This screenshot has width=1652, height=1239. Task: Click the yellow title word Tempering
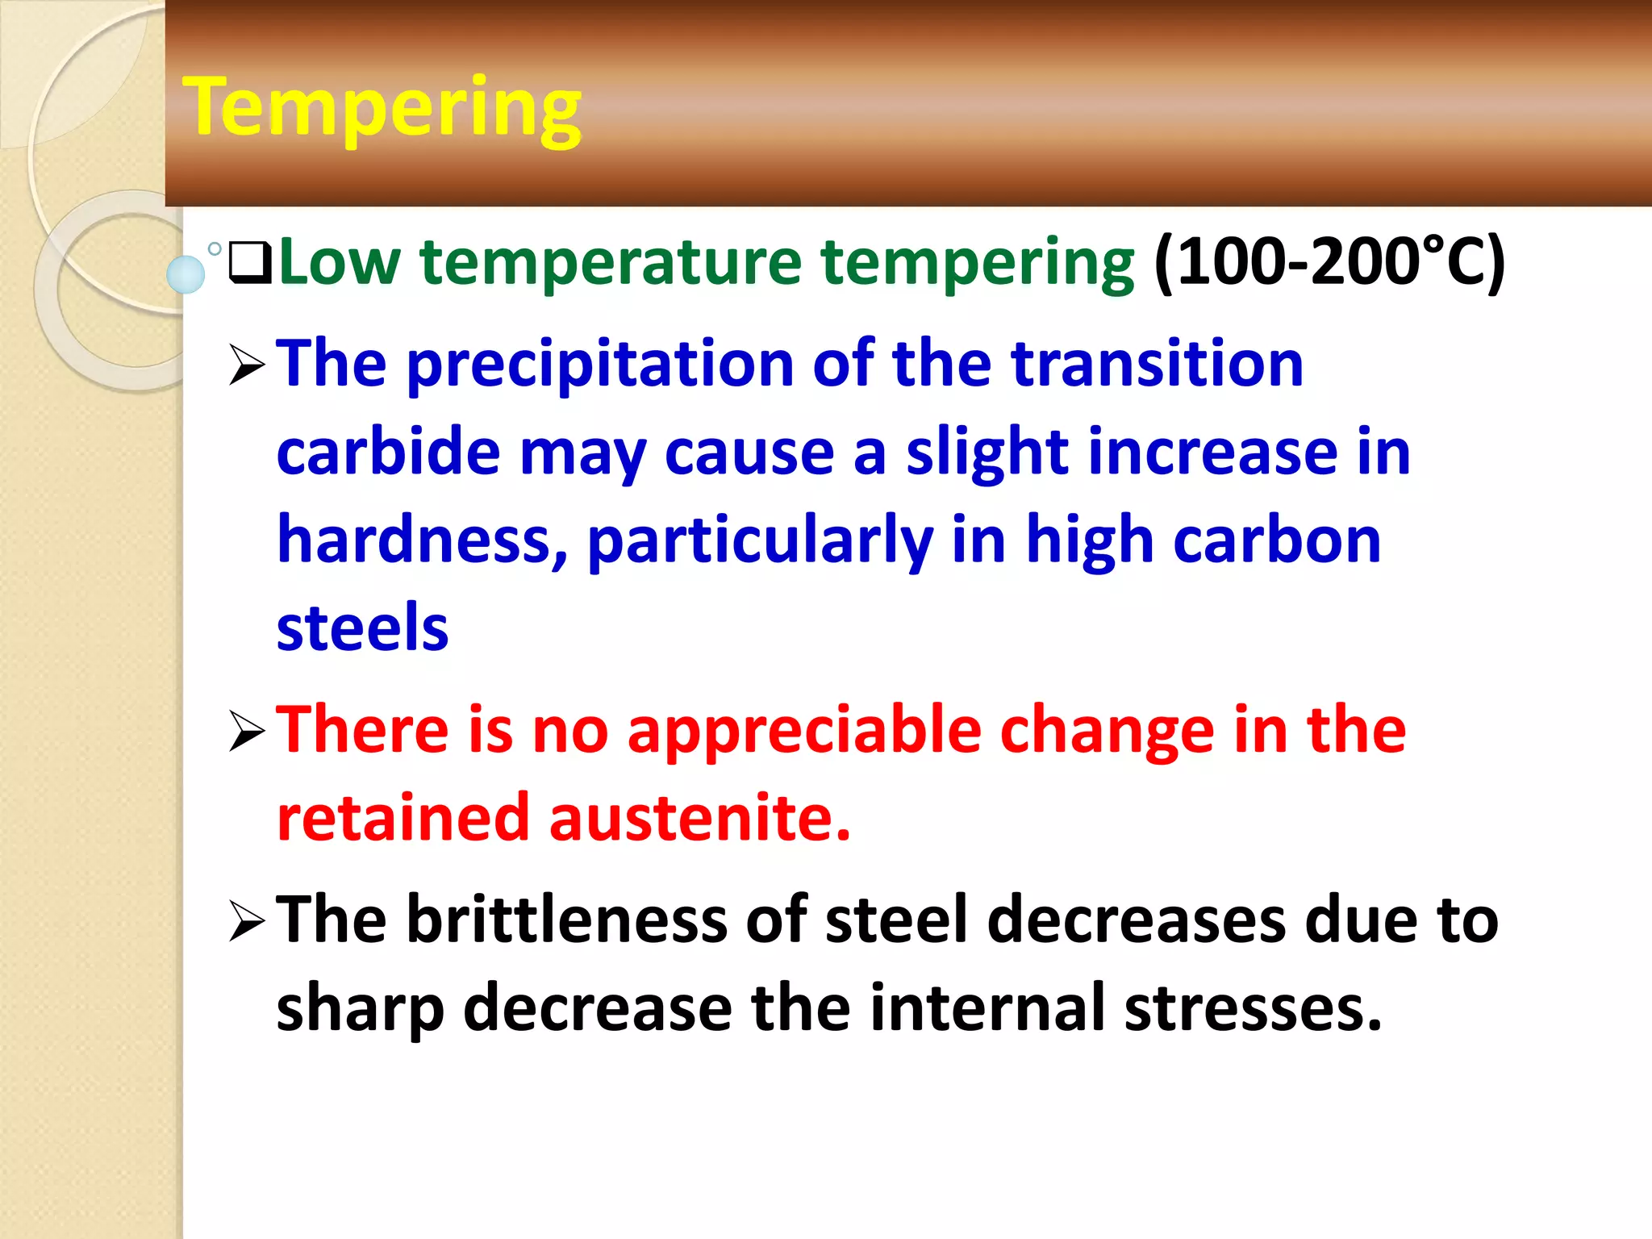tap(382, 109)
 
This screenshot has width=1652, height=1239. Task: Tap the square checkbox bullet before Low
tap(250, 262)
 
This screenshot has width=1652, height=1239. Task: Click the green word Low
tap(339, 262)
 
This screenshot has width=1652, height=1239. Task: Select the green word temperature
tap(611, 262)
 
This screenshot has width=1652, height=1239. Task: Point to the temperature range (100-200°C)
tap(1329, 262)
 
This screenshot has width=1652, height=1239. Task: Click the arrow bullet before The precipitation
tap(247, 365)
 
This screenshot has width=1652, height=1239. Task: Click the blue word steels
tap(362, 628)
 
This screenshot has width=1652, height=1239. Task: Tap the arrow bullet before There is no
tap(247, 731)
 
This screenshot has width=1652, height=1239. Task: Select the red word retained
tap(403, 819)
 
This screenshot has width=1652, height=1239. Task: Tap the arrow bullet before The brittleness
tap(247, 921)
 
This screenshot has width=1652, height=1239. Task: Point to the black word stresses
tap(1253, 1008)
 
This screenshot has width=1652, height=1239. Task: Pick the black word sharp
tap(360, 1010)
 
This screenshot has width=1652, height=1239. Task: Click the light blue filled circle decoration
tap(186, 274)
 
